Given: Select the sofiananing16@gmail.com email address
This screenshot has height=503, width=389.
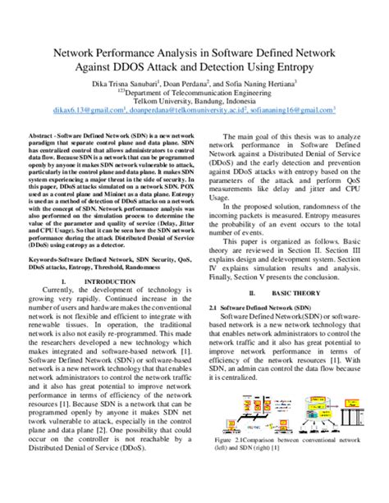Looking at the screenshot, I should tap(297, 110).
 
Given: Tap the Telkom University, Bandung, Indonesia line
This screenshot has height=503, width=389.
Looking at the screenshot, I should tap(194, 101).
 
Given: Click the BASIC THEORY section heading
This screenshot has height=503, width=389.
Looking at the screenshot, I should tap(297, 292).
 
